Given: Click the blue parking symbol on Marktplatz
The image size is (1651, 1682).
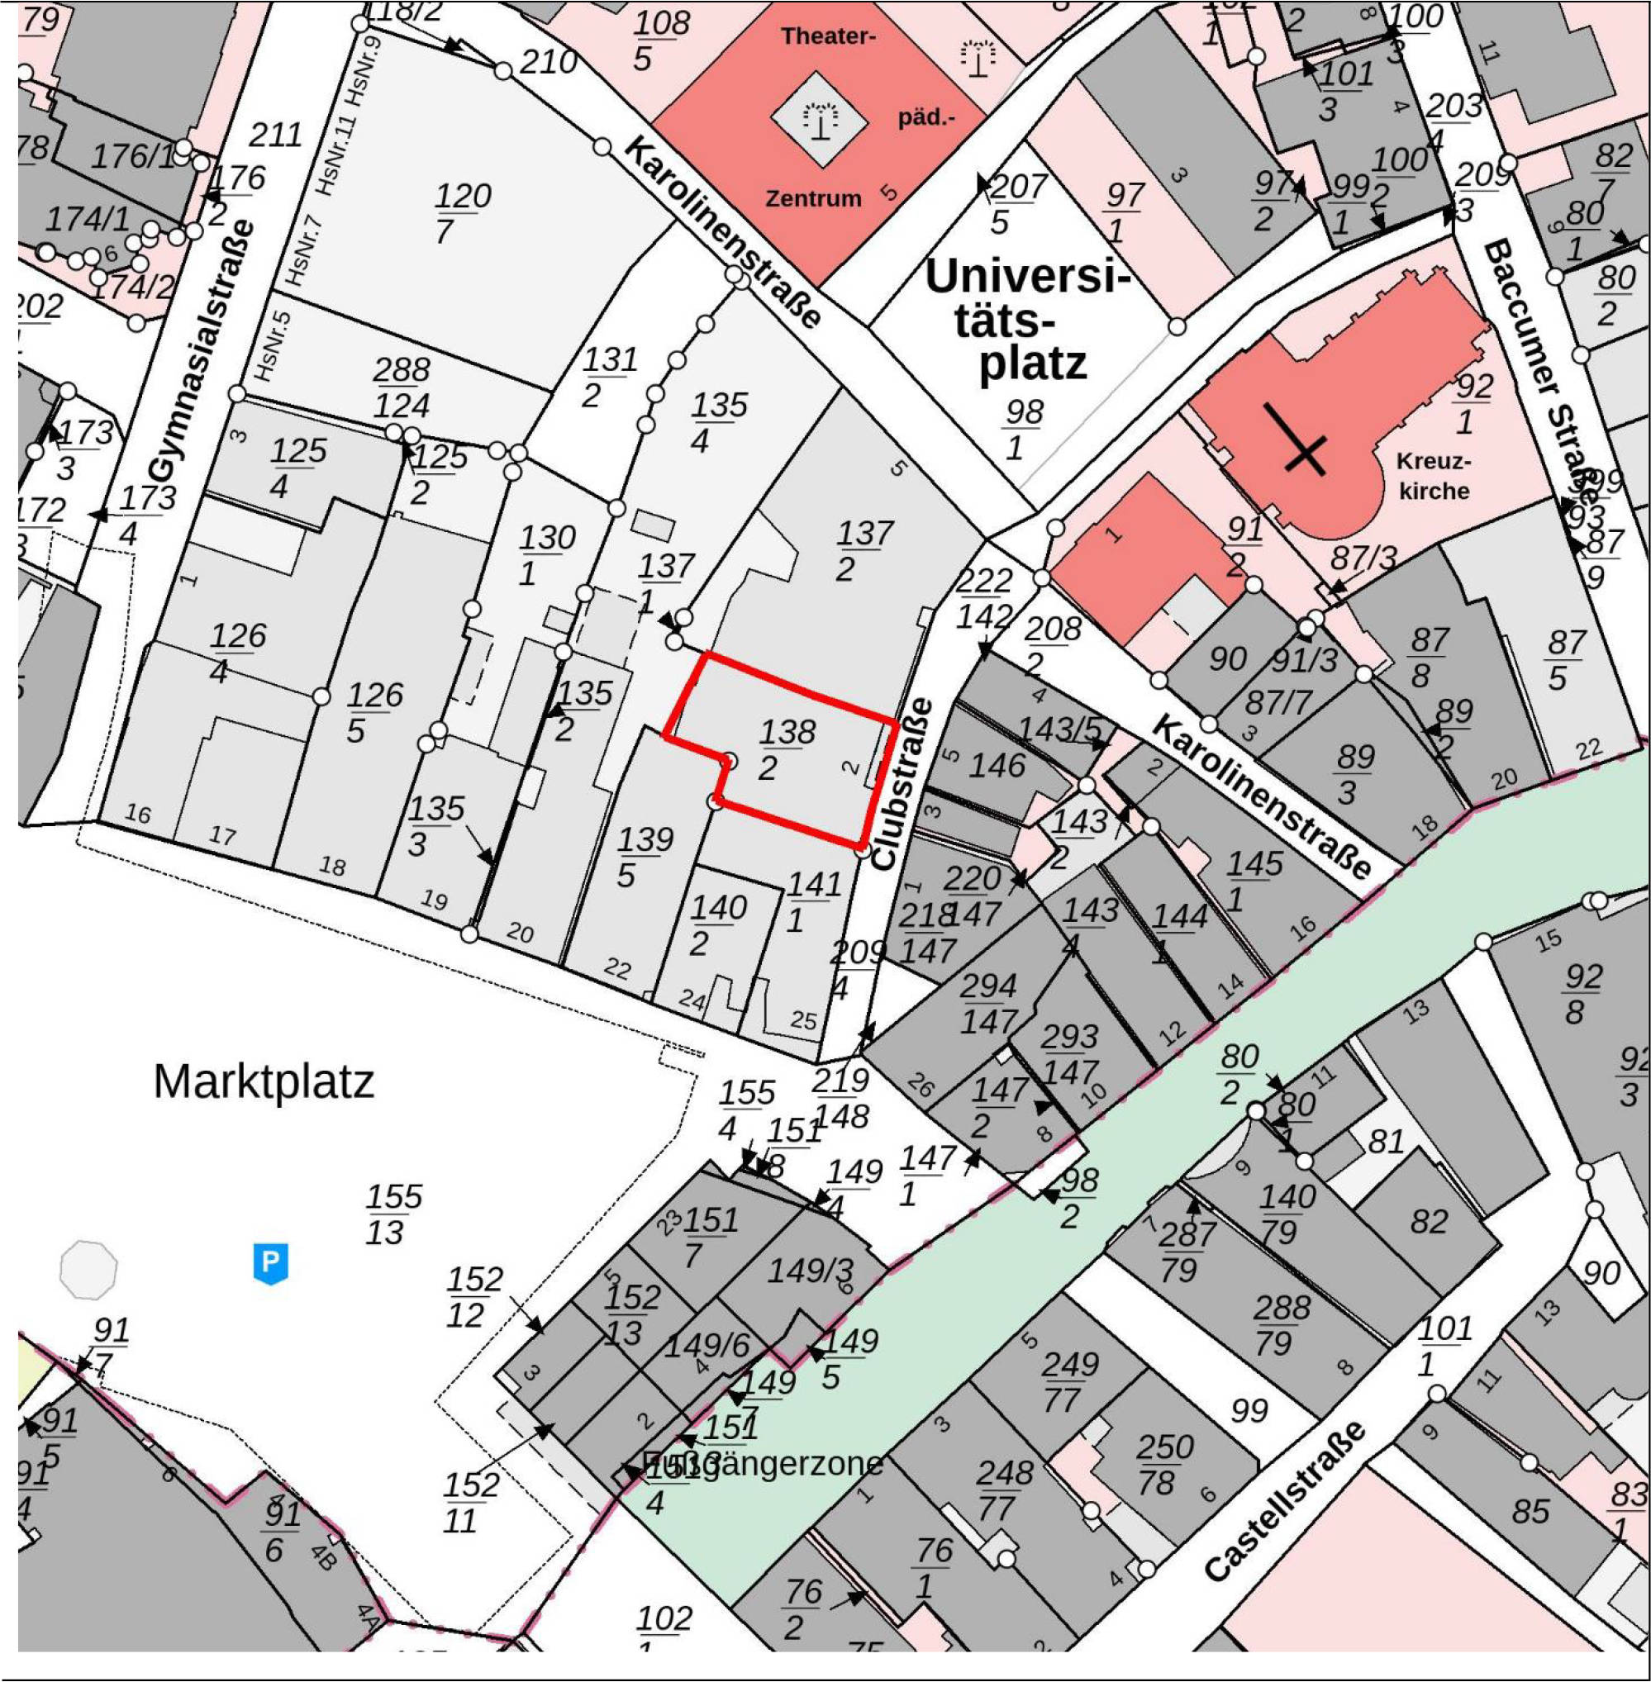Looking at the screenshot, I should (x=270, y=1263).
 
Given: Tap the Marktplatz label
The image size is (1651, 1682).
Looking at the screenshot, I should (x=264, y=1081).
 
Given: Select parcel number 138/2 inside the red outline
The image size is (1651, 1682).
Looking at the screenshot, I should (x=787, y=750).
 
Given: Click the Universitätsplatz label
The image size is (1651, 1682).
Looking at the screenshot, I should (x=1028, y=321).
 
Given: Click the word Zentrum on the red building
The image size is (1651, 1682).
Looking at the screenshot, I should (x=812, y=198).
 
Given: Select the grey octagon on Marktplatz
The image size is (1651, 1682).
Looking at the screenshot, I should (x=88, y=1270).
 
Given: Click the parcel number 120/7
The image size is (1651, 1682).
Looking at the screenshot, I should (x=461, y=213).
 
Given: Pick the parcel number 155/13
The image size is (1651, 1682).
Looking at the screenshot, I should (x=393, y=1214).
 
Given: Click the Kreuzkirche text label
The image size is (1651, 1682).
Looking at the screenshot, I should (x=1434, y=476).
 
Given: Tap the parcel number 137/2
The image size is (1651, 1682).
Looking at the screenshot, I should (x=863, y=550).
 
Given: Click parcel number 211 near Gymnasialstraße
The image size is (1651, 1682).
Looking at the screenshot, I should (x=275, y=135).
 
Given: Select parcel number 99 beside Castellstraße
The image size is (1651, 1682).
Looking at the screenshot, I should (x=1249, y=1411).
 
